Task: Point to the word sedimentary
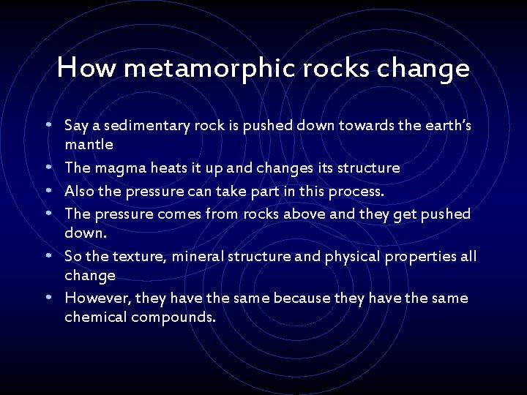(x=152, y=126)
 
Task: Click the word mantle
(x=89, y=145)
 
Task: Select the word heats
(x=171, y=168)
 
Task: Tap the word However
(x=93, y=298)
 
